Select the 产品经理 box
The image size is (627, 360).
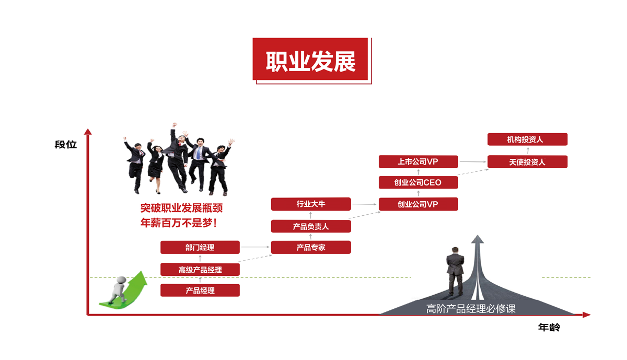pyautogui.click(x=200, y=291)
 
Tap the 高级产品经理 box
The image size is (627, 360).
pyautogui.click(x=200, y=270)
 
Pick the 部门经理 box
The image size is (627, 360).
pyautogui.click(x=200, y=247)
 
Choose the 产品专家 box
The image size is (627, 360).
pyautogui.click(x=311, y=247)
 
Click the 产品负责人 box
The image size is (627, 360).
pyautogui.click(x=311, y=226)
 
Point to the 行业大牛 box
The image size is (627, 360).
pyautogui.click(x=311, y=204)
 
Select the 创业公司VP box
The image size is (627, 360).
pyautogui.click(x=418, y=204)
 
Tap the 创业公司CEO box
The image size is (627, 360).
pyautogui.click(x=418, y=182)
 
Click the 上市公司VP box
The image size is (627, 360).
pyautogui.click(x=418, y=161)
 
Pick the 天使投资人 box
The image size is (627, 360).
pyautogui.click(x=527, y=161)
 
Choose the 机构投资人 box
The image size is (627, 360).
pyautogui.click(x=527, y=140)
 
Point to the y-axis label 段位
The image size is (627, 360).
pyautogui.click(x=66, y=144)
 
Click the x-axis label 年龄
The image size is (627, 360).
pyautogui.click(x=549, y=328)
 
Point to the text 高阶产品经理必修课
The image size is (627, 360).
pyautogui.click(x=471, y=309)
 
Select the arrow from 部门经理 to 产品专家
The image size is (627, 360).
pyautogui.click(x=255, y=247)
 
